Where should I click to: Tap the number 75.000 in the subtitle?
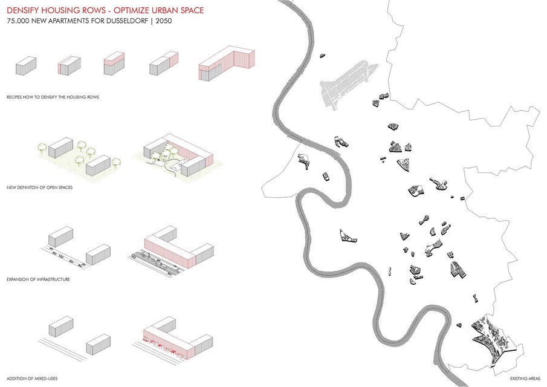point(18,22)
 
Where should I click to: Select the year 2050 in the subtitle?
point(163,22)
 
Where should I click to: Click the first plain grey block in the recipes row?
point(26,66)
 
